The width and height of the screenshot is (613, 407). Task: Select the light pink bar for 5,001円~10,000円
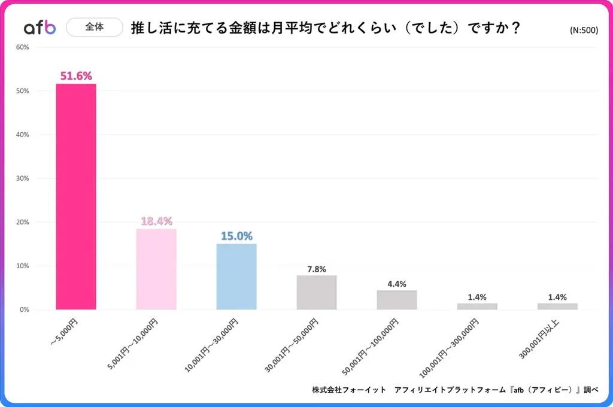point(156,269)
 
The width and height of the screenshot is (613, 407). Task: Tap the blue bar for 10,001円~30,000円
point(236,276)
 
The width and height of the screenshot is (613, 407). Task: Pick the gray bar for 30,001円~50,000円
point(317,292)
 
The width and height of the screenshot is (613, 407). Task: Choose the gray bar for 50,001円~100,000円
point(397,299)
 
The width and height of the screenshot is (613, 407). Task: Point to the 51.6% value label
point(76,76)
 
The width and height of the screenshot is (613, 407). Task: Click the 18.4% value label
point(156,221)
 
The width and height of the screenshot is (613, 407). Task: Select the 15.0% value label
point(236,236)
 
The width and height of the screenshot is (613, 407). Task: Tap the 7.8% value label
point(317,269)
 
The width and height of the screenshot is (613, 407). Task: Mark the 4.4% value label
point(397,284)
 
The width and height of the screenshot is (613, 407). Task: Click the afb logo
point(40,28)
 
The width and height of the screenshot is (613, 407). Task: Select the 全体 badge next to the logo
point(94,27)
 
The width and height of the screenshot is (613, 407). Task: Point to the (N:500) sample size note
point(584,31)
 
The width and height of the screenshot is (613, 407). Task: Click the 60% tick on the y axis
point(23,47)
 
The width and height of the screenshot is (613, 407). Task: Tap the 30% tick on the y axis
point(23,178)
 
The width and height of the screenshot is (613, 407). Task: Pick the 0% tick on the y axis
point(25,309)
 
